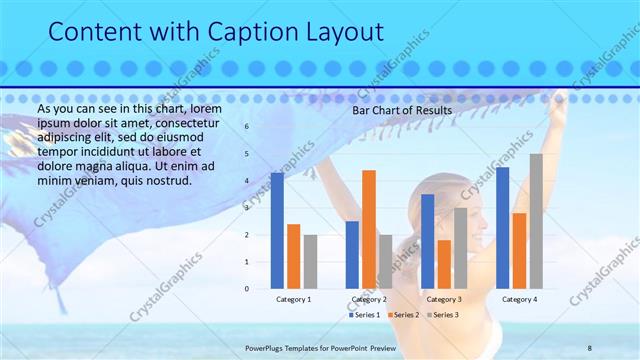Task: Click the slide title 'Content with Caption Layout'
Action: pos(216,32)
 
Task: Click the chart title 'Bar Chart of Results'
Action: pos(401,110)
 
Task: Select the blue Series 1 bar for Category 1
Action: pos(277,231)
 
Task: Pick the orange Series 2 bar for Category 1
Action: pos(293,256)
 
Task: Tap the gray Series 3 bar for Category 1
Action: pos(310,262)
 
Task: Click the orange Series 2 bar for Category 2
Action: pos(369,229)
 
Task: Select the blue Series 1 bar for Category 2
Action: pos(352,255)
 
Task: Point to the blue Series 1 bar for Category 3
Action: pos(428,241)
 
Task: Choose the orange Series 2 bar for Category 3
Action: pos(444,264)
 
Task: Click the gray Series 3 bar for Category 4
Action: pos(536,221)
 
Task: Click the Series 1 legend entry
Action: pos(365,315)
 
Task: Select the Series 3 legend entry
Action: pos(443,315)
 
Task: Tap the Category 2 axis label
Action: pos(369,299)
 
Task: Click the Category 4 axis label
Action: pos(519,299)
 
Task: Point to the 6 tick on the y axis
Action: pos(247,127)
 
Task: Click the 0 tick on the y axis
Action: pos(247,289)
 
